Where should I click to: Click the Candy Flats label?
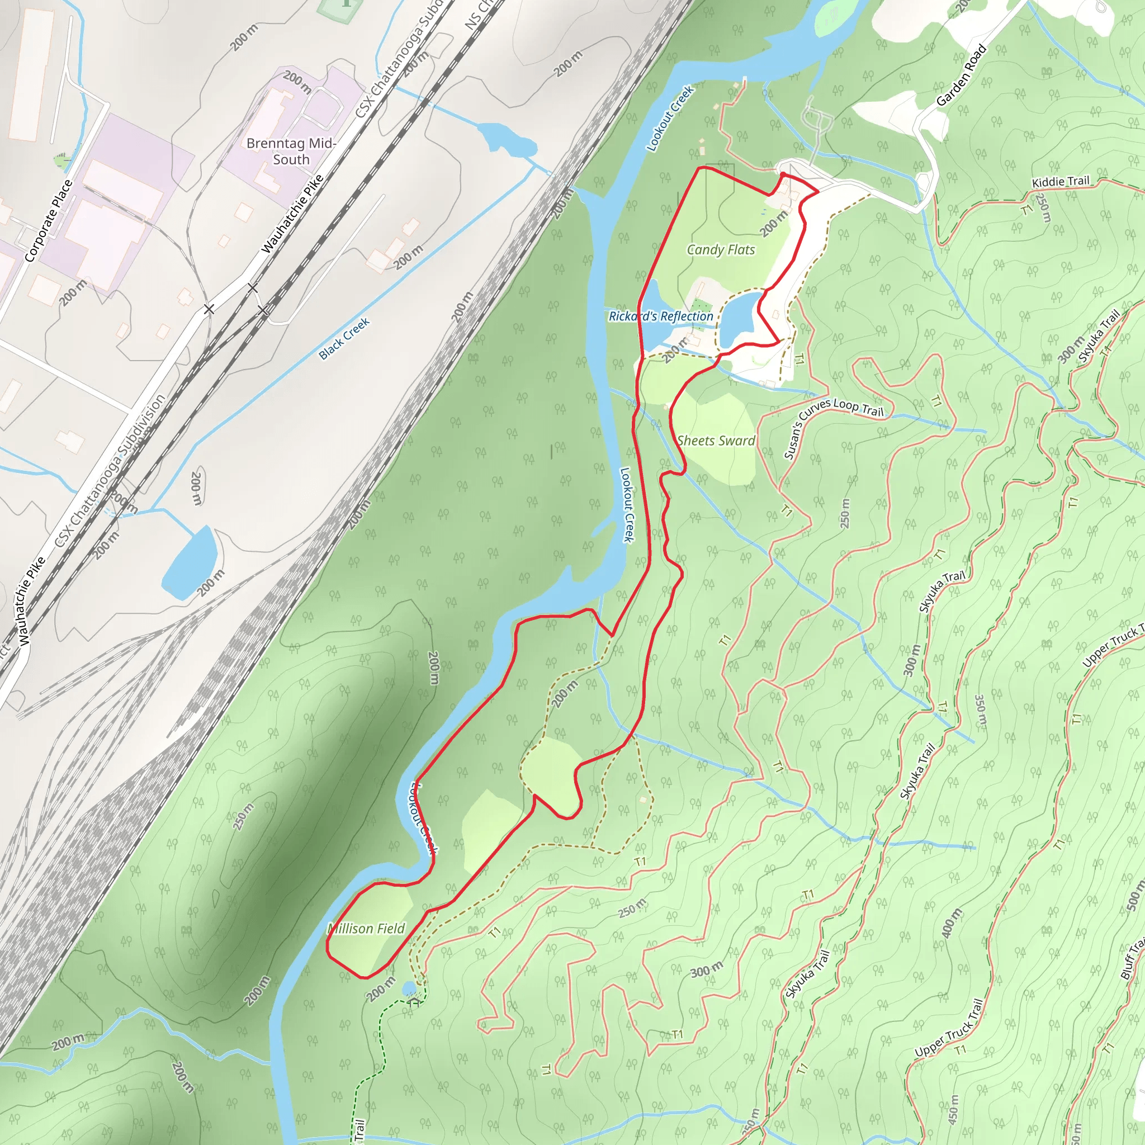click(x=721, y=249)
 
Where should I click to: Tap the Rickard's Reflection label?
click(x=661, y=316)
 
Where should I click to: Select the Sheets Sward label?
click(x=716, y=441)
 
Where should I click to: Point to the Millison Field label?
click(x=366, y=928)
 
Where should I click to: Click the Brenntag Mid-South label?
click(x=291, y=151)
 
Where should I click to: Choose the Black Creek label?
click(x=344, y=338)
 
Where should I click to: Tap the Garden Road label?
click(x=961, y=75)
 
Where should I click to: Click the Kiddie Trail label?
click(x=1060, y=181)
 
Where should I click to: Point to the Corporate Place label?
click(x=49, y=220)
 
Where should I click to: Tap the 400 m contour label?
click(x=951, y=920)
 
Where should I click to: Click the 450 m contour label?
click(x=954, y=1107)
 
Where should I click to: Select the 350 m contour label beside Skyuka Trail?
click(x=980, y=711)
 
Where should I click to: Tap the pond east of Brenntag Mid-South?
click(x=505, y=140)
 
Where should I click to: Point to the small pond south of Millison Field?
click(x=408, y=988)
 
